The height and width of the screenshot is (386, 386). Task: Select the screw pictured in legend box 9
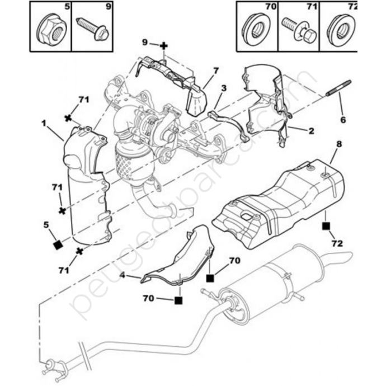click(93, 29)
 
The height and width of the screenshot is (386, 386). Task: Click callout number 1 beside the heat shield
click(44, 122)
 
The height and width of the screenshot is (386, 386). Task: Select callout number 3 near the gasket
click(224, 88)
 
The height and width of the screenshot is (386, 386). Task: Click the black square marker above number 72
click(326, 227)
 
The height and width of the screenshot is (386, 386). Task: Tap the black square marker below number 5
click(57, 244)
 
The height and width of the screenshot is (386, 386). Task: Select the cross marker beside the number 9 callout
click(163, 44)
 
